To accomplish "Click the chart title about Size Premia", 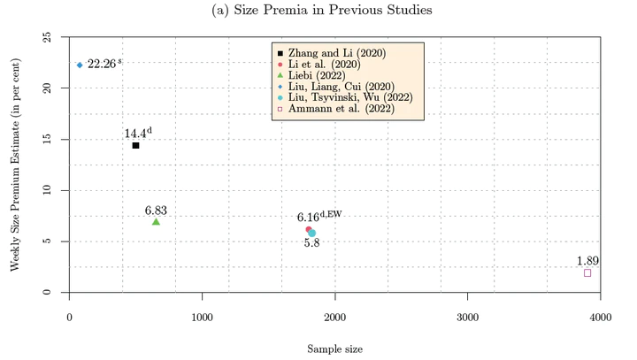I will click(x=322, y=11).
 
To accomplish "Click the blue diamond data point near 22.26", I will click(x=80, y=65).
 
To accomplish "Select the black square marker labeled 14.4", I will click(x=135, y=145).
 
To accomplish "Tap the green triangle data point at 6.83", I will click(x=156, y=221).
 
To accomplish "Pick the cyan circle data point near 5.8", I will click(x=312, y=234).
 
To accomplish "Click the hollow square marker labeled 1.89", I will click(x=587, y=272).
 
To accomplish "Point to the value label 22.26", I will click(x=104, y=65).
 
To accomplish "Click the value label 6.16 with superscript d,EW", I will click(x=318, y=216).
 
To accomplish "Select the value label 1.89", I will click(x=587, y=260).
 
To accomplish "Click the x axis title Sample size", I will click(x=334, y=349).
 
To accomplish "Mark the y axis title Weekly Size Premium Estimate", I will click(x=15, y=165).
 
